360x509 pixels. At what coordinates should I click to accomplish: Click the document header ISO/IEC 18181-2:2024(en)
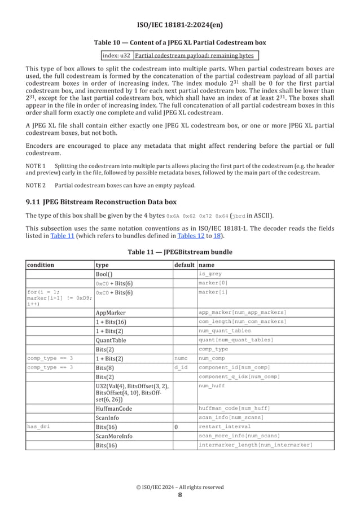(x=179, y=25)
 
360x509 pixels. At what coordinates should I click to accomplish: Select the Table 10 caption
(x=179, y=43)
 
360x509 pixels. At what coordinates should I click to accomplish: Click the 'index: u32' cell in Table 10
(x=117, y=55)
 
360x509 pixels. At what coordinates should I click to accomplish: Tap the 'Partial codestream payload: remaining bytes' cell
(x=195, y=55)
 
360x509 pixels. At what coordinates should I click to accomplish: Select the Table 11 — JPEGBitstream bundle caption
(x=179, y=252)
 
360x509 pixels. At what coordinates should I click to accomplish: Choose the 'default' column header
(x=184, y=265)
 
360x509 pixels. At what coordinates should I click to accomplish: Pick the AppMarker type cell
(x=111, y=312)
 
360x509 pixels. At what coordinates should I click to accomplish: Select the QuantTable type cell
(x=111, y=340)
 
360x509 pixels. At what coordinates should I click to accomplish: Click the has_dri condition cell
(x=38, y=427)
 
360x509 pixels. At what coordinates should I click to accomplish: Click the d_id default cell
(x=181, y=367)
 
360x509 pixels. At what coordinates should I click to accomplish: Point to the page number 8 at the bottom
(x=179, y=495)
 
